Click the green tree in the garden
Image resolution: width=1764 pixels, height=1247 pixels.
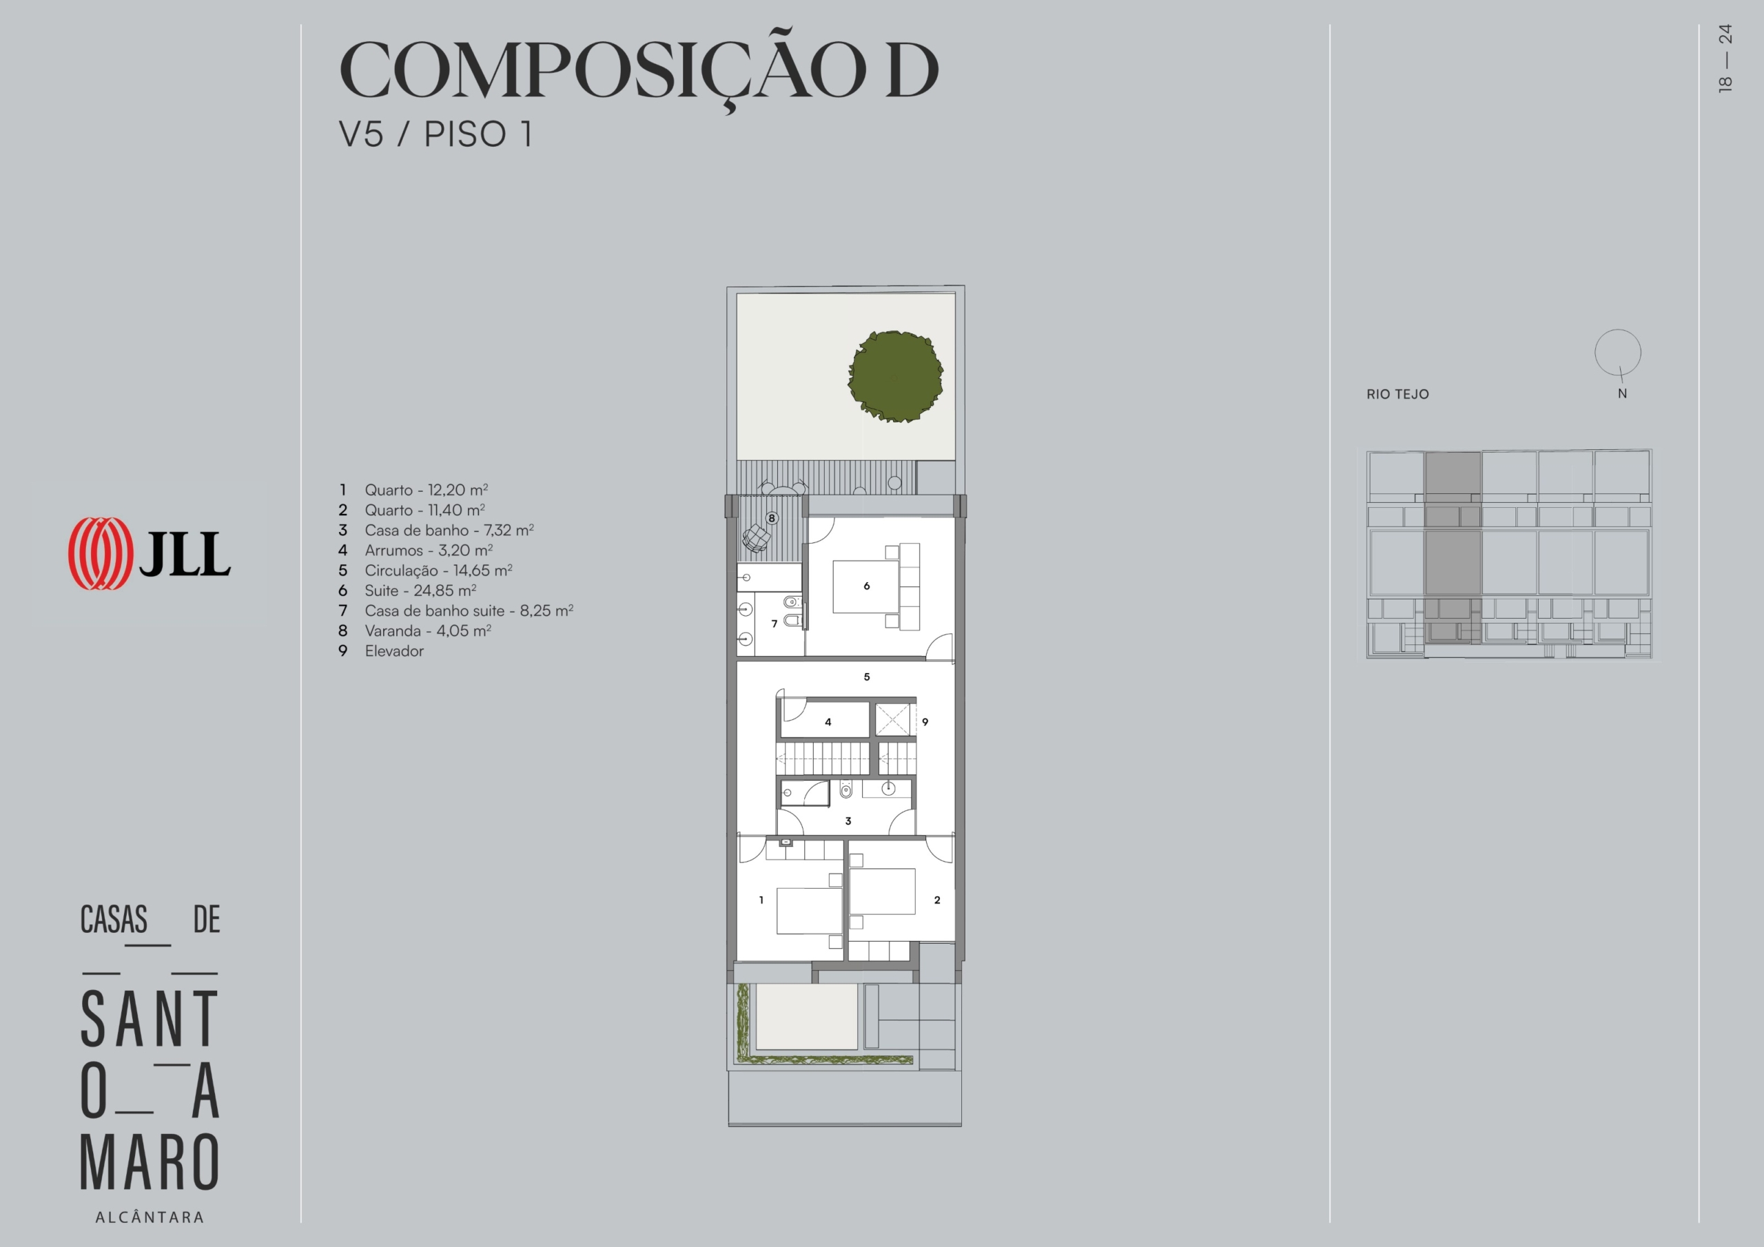[896, 376]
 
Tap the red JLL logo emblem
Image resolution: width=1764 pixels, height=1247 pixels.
[100, 553]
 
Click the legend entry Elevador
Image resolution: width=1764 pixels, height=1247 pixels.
[394, 652]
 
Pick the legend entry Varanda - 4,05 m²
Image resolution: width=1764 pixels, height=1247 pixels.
[428, 631]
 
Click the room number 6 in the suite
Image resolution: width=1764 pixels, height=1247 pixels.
[867, 586]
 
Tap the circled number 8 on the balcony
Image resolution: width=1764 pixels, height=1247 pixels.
[771, 518]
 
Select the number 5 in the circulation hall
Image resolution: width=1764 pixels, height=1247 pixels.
[867, 677]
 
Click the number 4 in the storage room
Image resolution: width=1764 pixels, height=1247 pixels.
[828, 722]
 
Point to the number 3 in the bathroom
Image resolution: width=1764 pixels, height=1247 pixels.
[848, 821]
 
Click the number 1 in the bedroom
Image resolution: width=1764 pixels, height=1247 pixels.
[761, 900]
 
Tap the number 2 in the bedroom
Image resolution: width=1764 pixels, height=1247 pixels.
[937, 900]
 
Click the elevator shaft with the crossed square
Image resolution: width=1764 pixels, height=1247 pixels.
[893, 720]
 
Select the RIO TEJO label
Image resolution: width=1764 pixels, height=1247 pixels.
[1397, 394]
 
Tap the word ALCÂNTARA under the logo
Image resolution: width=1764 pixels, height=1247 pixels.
[150, 1217]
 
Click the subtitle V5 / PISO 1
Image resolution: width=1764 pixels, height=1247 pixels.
[435, 134]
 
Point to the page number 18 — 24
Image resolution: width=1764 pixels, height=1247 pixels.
[1725, 59]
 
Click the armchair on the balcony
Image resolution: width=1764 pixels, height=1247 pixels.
[756, 538]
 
